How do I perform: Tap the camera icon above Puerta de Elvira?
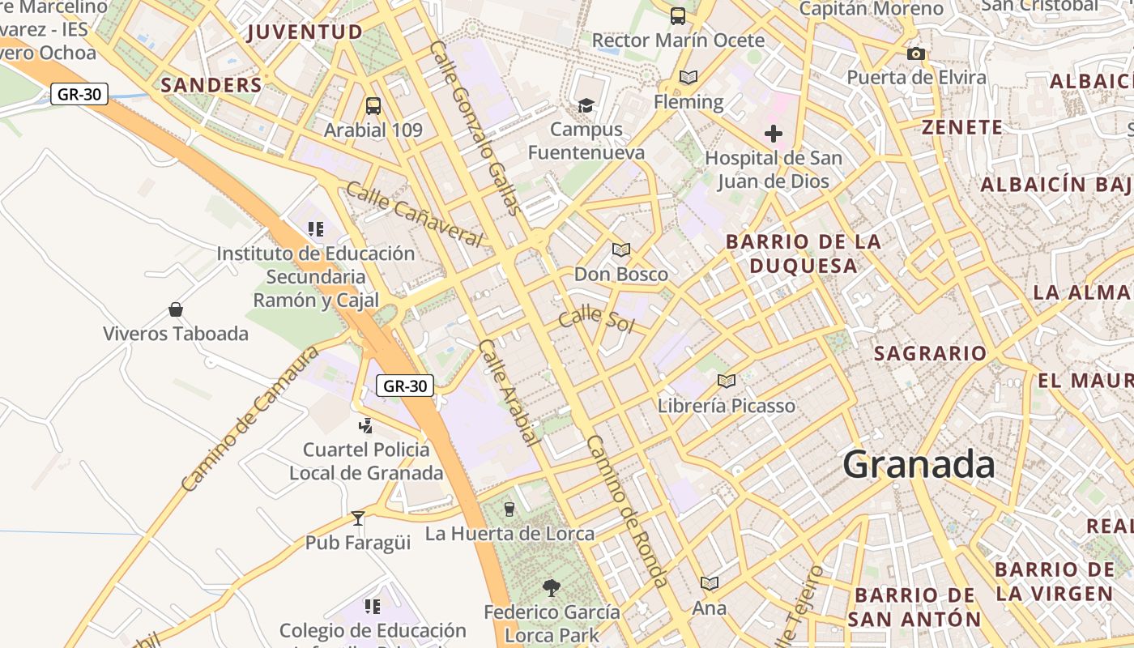[x=916, y=54]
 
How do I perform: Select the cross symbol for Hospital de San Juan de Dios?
[x=774, y=134]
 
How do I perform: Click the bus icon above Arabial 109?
[x=373, y=105]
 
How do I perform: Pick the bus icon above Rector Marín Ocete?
[x=678, y=15]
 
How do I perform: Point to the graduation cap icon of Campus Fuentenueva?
[x=586, y=105]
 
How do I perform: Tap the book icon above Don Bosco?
[x=621, y=249]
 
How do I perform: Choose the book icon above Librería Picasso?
[x=727, y=381]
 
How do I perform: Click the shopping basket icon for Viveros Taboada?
[x=176, y=309]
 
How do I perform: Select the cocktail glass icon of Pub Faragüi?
[x=358, y=518]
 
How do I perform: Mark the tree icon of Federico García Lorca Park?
[x=552, y=587]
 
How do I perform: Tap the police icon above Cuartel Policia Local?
[x=366, y=424]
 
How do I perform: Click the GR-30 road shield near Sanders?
[x=80, y=94]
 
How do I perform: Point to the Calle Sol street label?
[x=596, y=318]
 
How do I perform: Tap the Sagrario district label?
[x=930, y=353]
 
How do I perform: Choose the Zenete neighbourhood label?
[x=962, y=127]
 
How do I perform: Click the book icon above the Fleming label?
[x=688, y=78]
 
